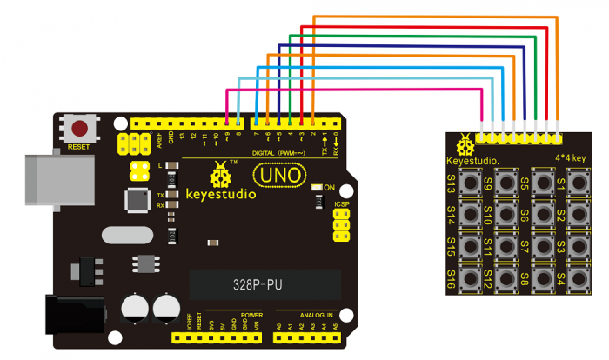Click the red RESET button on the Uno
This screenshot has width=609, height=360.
[80, 130]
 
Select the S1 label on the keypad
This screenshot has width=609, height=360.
[561, 184]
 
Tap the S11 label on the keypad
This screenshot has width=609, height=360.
[488, 248]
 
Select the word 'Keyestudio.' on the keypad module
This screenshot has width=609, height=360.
[472, 161]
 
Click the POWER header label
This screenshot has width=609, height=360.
[251, 315]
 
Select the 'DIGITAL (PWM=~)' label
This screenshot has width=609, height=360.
[280, 153]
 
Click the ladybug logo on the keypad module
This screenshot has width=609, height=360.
[470, 140]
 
